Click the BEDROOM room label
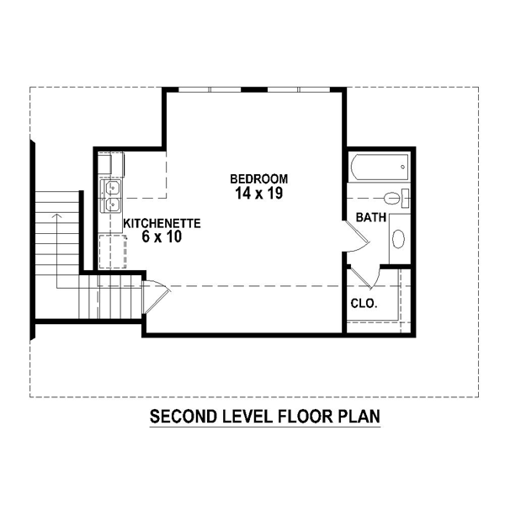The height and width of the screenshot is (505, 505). pos(259,178)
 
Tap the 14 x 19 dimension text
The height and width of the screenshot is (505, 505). pos(259,194)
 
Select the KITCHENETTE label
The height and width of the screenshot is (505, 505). pos(162,223)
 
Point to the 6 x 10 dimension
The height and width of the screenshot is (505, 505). pos(162,237)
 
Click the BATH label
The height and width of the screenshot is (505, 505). pos(370,217)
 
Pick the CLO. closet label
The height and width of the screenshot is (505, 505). pos(364,303)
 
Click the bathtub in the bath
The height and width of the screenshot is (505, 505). pos(380,167)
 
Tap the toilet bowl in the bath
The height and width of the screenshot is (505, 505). pos(392,198)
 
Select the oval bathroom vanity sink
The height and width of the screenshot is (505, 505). pos(399,239)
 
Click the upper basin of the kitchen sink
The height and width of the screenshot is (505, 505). pos(113,188)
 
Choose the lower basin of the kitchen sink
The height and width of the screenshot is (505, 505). pos(113,205)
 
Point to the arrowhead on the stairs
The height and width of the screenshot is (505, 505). pos(57,215)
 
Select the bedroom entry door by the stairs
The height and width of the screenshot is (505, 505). pos(156,296)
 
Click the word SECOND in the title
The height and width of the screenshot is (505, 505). pos(183,417)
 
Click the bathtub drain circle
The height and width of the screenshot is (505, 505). pos(402,167)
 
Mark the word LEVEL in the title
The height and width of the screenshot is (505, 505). pos(247,417)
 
